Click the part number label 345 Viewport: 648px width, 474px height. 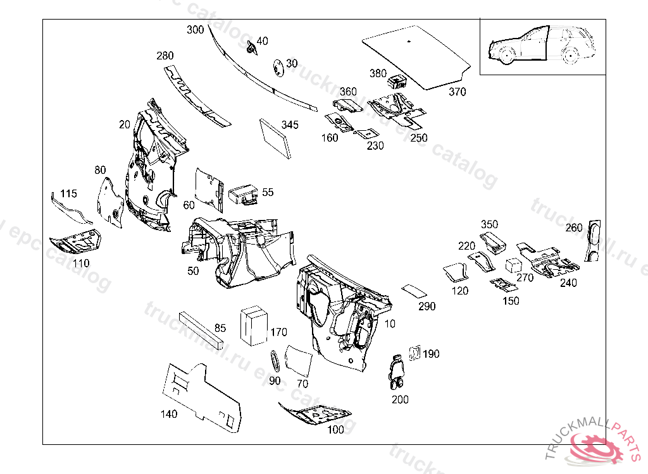coord(290,125)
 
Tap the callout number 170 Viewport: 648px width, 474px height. coord(278,332)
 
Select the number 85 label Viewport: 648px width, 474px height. coord(220,328)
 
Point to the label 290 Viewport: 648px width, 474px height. coord(427,307)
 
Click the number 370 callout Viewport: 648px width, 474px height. coord(457,92)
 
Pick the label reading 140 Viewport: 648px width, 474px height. coord(169,414)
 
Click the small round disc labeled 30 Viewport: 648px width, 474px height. coord(277,68)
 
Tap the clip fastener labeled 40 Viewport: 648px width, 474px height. coord(251,47)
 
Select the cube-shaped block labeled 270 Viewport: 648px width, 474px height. coord(513,265)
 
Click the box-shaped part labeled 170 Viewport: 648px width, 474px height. coord(254,326)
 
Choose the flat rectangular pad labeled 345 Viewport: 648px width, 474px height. coord(275,138)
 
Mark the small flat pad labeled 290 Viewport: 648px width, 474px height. coord(414,291)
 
